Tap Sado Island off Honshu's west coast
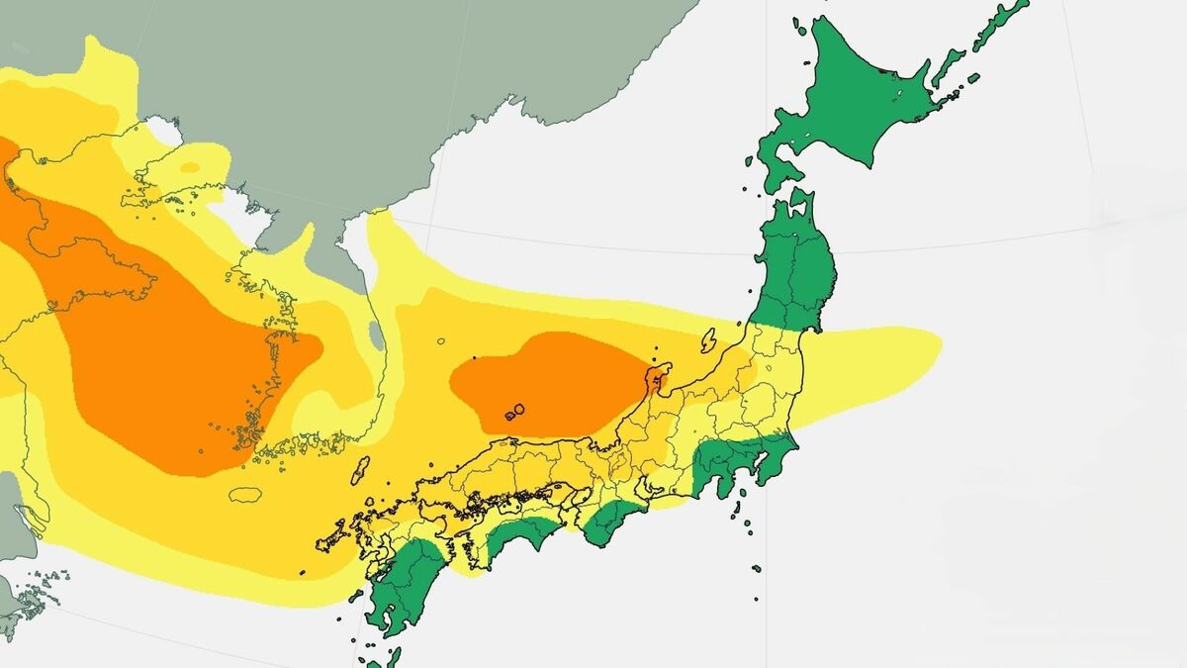point(708,342)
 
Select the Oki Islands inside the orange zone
point(514,413)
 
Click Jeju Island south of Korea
point(246,493)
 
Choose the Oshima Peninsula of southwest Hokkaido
point(776,168)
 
